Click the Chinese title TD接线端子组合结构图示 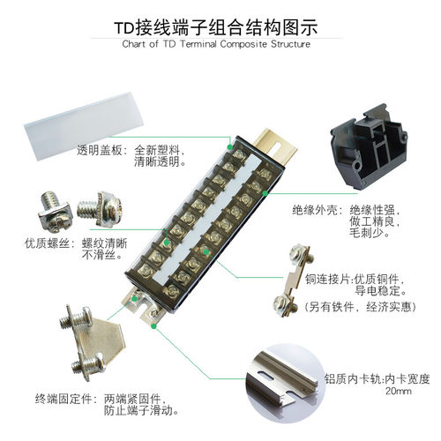pyautogui.click(x=220, y=26)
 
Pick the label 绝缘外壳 pyautogui.click(x=315, y=211)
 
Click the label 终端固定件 pyautogui.click(x=63, y=398)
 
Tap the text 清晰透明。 pyautogui.click(x=159, y=162)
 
